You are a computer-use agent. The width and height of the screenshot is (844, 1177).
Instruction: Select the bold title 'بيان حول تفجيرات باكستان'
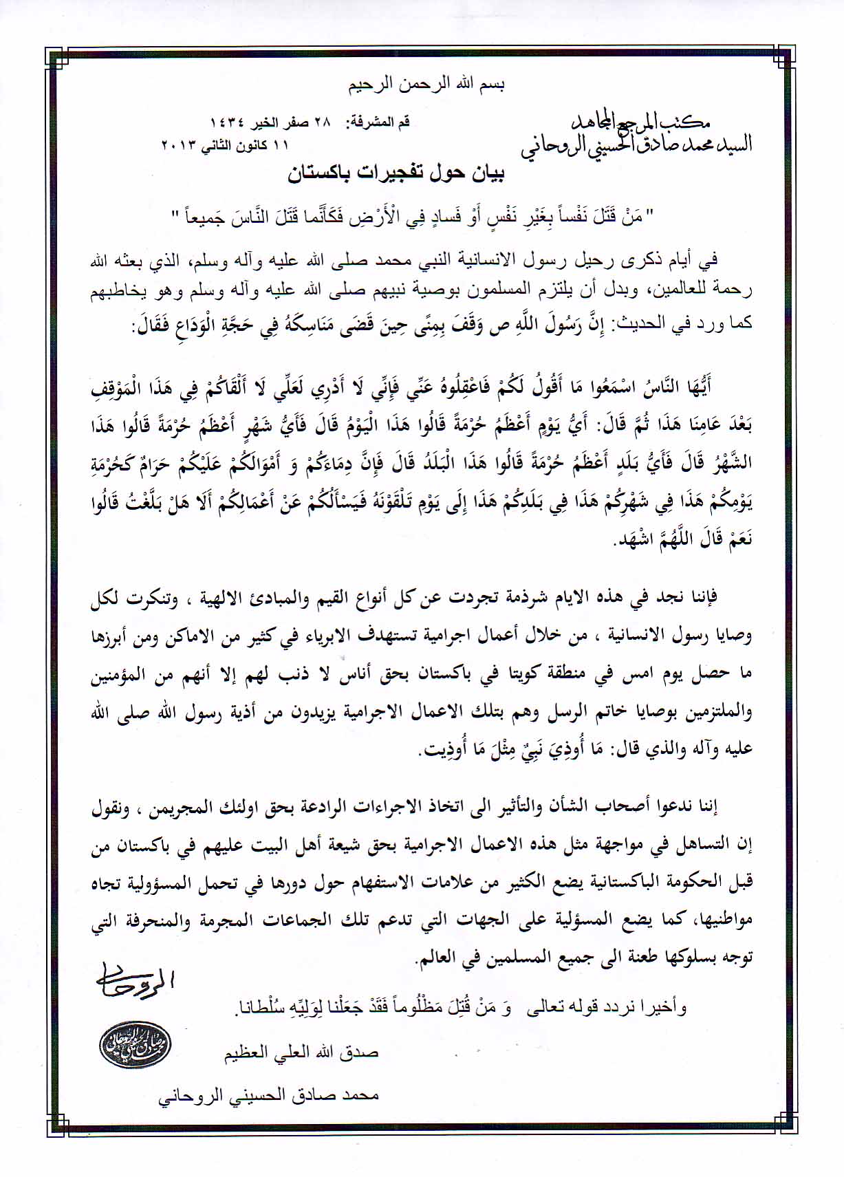click(396, 175)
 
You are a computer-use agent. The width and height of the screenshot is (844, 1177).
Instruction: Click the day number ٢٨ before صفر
click(322, 122)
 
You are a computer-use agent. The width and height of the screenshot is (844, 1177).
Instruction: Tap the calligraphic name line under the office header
click(636, 145)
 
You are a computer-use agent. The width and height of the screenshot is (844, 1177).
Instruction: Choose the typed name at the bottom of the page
click(268, 1096)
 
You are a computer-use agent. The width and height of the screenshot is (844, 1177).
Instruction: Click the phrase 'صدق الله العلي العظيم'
click(301, 1053)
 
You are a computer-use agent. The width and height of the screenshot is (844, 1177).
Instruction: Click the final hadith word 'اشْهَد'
click(617, 541)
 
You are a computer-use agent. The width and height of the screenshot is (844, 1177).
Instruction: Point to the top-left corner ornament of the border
click(56, 58)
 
